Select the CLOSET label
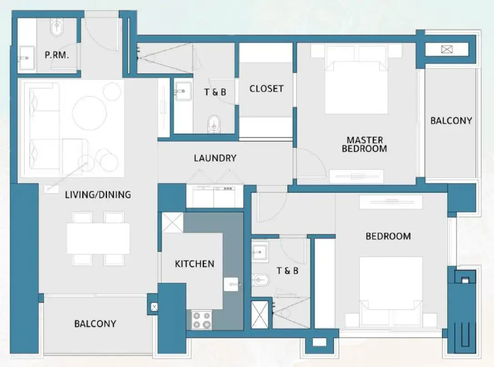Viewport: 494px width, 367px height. [x=266, y=89]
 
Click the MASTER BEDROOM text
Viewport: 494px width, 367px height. [x=364, y=144]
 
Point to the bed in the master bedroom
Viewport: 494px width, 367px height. [x=356, y=84]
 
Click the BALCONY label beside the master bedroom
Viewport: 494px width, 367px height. [x=451, y=121]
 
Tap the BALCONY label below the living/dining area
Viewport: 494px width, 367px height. [x=95, y=324]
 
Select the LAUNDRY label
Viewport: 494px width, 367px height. [x=215, y=158]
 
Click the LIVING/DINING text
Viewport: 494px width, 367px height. [x=98, y=195]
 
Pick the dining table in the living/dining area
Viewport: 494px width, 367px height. [x=98, y=238]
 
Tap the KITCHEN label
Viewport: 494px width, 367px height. [x=194, y=264]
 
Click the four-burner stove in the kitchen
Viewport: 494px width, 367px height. [x=201, y=319]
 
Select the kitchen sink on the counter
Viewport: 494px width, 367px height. [x=231, y=284]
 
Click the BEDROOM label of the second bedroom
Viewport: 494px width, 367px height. [x=388, y=236]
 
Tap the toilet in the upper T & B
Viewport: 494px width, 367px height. [x=213, y=123]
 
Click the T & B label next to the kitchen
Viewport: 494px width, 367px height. [x=287, y=271]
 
